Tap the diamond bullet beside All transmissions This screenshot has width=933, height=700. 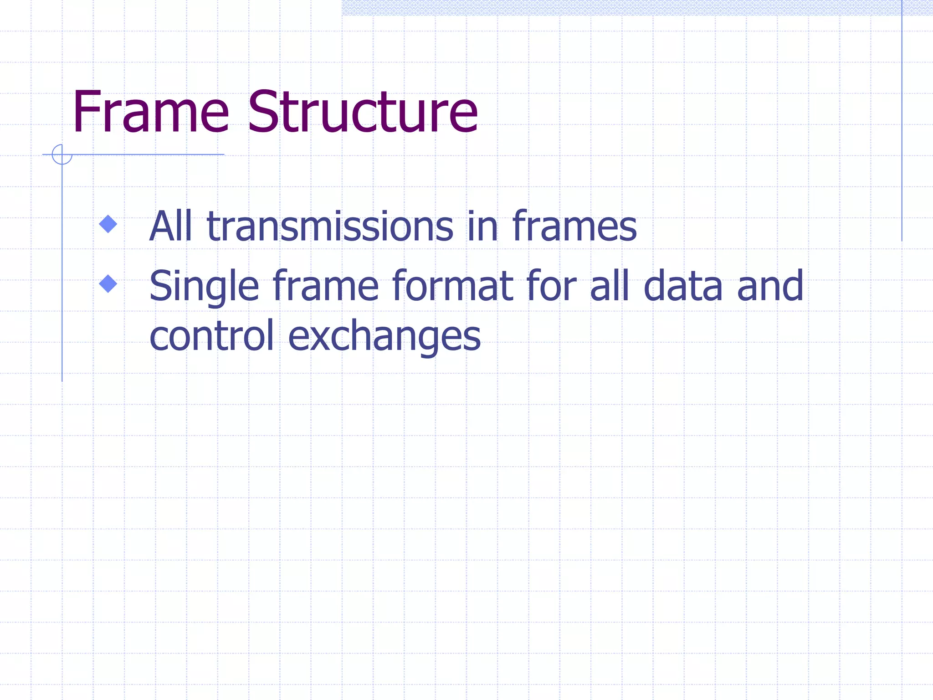click(108, 224)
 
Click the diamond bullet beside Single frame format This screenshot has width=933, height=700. click(108, 283)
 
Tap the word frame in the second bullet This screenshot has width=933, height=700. click(326, 286)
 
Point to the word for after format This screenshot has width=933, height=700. click(552, 286)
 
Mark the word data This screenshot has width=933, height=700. click(683, 286)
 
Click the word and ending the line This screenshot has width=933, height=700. click(770, 286)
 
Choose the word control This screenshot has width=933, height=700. click(212, 336)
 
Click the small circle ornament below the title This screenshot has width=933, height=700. click(62, 154)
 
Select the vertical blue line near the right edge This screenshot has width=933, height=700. click(902, 121)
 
